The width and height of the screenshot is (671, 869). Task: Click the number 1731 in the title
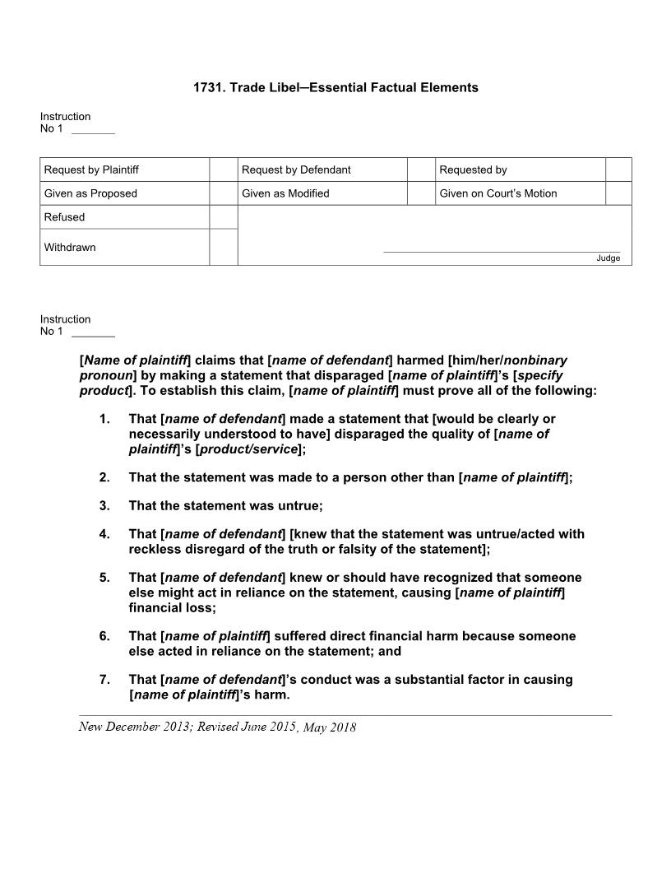[x=208, y=87]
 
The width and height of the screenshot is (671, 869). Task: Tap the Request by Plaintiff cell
[x=91, y=170]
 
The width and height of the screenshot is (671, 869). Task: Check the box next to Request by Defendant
[x=420, y=170]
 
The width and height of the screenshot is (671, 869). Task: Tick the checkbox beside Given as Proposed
[x=223, y=193]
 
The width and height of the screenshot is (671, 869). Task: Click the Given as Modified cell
[x=285, y=193]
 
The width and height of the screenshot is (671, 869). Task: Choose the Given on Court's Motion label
[x=497, y=193]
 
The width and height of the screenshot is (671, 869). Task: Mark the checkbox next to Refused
[x=223, y=217]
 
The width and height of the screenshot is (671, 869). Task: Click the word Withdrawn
[x=70, y=248]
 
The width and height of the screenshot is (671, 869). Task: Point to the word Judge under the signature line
[x=608, y=258]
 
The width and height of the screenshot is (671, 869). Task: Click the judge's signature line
[x=502, y=252]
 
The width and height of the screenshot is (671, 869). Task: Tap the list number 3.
[x=104, y=505]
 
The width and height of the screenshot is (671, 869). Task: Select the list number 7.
[x=104, y=680]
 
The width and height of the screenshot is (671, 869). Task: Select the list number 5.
[x=104, y=578]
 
